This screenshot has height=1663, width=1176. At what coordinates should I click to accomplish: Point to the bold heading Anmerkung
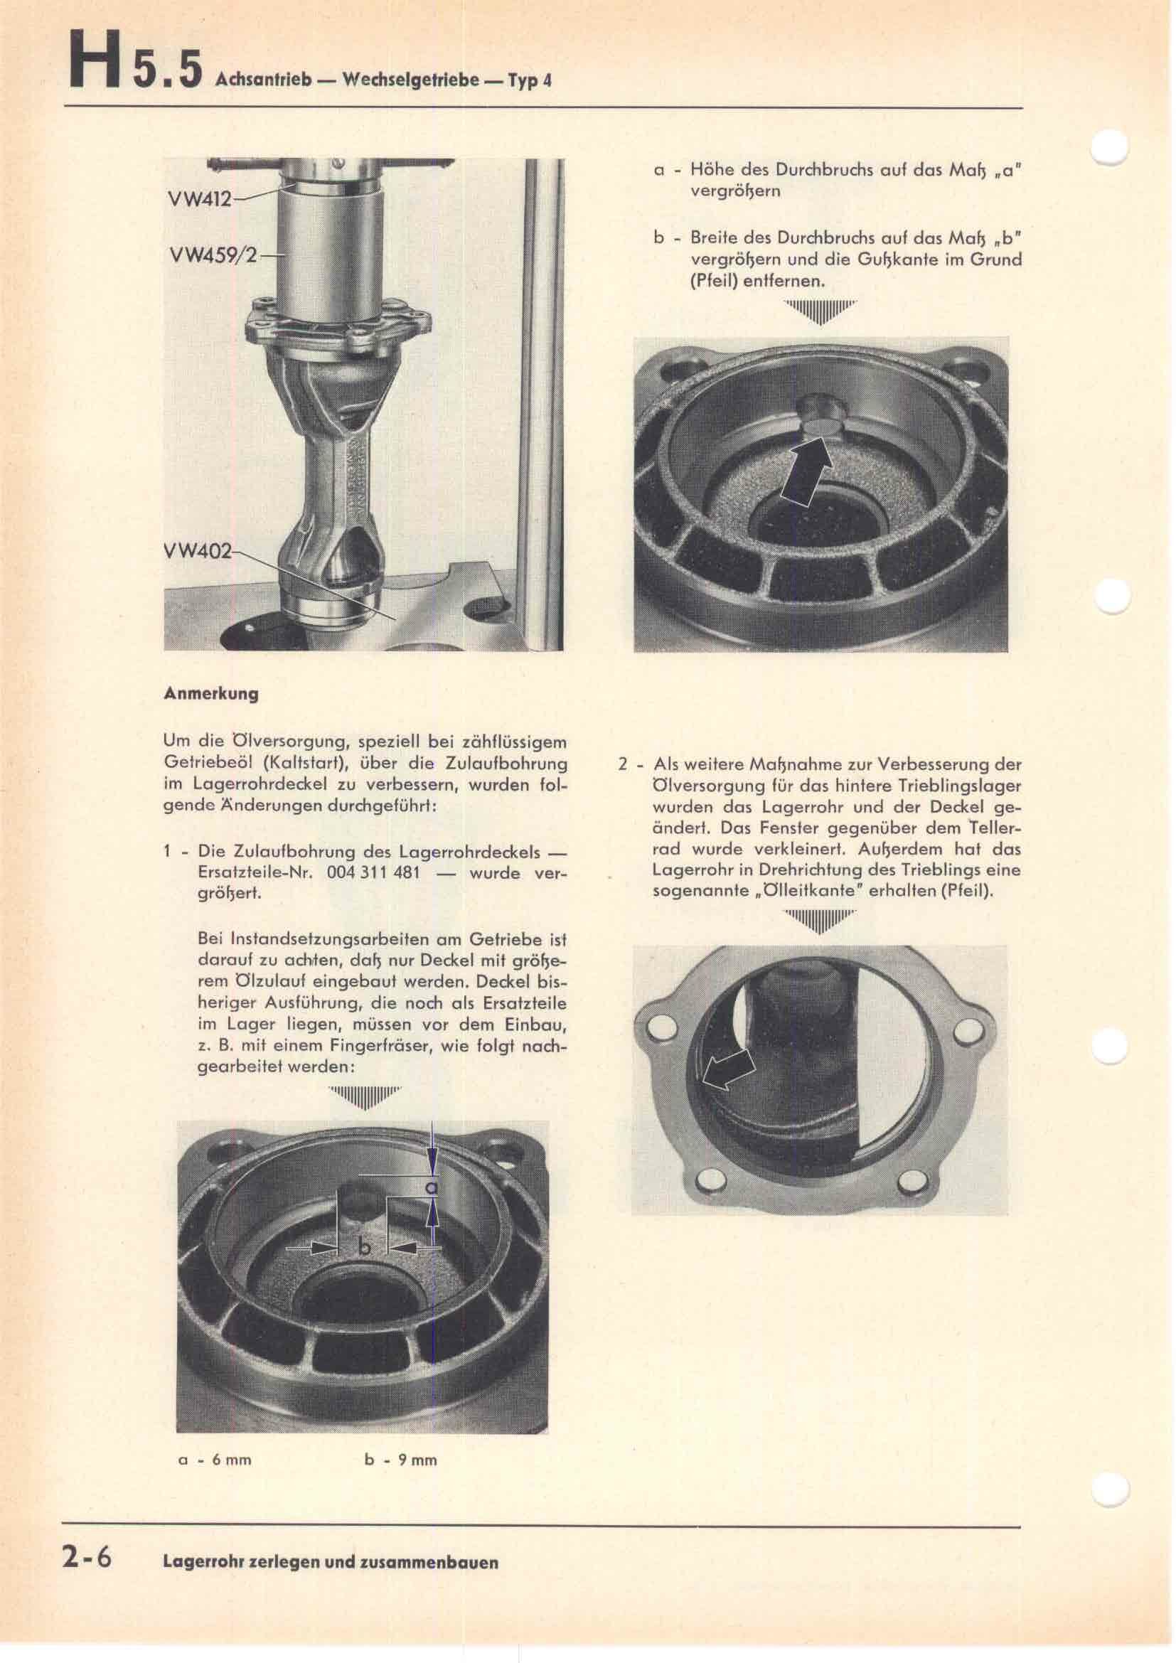(210, 694)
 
